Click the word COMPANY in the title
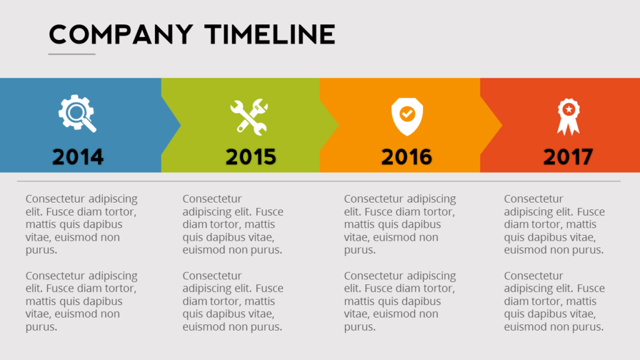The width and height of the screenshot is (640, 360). [x=121, y=34]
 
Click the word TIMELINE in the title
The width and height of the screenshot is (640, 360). [x=270, y=34]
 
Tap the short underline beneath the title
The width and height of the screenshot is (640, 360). [x=72, y=54]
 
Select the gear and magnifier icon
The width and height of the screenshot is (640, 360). [x=77, y=114]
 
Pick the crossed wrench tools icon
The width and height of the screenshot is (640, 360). [x=249, y=117]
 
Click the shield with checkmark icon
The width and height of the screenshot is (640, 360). [x=407, y=117]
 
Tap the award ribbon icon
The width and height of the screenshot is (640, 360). [x=569, y=117]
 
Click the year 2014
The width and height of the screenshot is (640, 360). [x=78, y=157]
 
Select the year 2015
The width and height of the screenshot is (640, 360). [x=251, y=157]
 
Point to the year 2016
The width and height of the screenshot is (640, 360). [x=406, y=157]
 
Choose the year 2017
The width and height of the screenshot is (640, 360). [x=568, y=157]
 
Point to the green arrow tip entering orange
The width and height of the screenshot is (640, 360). [x=338, y=125]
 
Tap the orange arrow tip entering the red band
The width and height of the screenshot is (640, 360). [x=502, y=125]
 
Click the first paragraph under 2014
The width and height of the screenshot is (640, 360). [x=82, y=224]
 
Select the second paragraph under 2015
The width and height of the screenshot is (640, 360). [x=232, y=301]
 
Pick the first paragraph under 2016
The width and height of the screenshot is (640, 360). [x=400, y=224]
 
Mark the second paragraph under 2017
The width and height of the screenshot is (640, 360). [x=554, y=301]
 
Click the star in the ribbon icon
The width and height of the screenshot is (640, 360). [x=569, y=109]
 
